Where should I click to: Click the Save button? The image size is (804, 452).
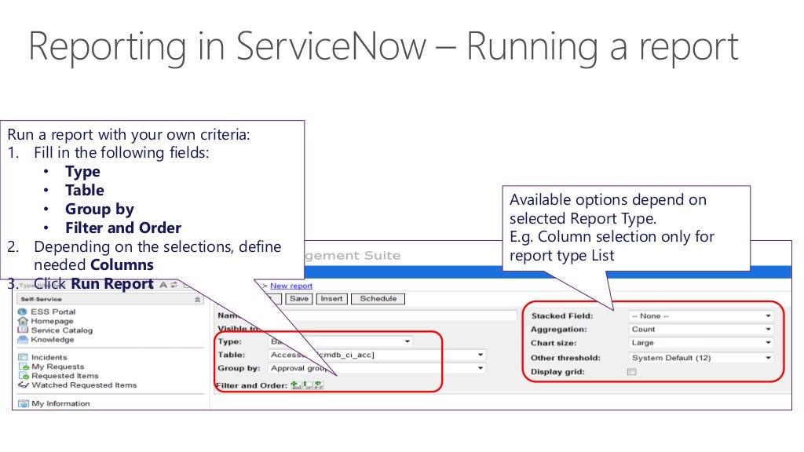click(x=299, y=298)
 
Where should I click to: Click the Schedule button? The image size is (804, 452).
click(x=378, y=298)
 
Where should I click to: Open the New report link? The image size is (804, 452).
click(x=291, y=286)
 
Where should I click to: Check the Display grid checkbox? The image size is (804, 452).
click(x=631, y=371)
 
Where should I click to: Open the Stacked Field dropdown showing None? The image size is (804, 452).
click(x=701, y=315)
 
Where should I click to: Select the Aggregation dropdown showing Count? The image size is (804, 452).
click(x=701, y=329)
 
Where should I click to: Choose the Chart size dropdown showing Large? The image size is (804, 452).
click(x=701, y=343)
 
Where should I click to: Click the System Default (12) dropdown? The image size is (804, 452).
click(x=701, y=357)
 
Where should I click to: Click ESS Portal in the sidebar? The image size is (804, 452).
click(x=53, y=312)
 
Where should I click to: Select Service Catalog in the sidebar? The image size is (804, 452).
click(x=61, y=330)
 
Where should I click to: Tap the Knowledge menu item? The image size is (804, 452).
click(x=53, y=340)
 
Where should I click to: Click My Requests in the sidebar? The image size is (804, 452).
click(x=57, y=366)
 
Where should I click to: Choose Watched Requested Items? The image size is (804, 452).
click(x=83, y=385)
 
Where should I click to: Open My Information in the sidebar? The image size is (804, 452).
click(x=60, y=403)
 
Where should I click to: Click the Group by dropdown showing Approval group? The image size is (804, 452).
click(x=377, y=368)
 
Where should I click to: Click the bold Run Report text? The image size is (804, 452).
click(x=111, y=284)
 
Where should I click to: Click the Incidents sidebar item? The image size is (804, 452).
click(x=49, y=357)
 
